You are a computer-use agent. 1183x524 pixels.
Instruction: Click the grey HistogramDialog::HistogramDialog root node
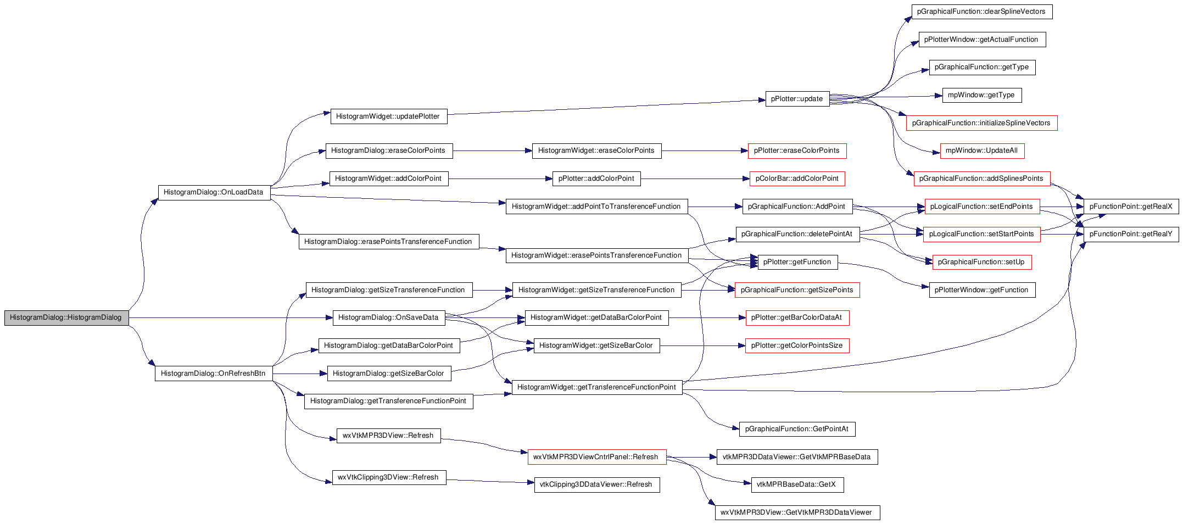coord(66,317)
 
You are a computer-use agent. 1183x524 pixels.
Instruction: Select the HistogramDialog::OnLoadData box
coord(214,192)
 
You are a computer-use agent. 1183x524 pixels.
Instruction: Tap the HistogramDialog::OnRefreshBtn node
coord(214,374)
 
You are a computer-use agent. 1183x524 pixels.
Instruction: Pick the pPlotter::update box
coord(797,99)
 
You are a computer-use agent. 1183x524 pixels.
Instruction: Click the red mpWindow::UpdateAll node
coord(982,150)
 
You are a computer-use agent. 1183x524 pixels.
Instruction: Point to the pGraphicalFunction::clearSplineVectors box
coord(981,12)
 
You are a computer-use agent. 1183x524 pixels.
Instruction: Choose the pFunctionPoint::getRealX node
coord(1131,207)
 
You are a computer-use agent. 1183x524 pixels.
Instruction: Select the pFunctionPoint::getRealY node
coord(1131,234)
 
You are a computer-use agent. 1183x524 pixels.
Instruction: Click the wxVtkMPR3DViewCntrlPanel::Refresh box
coord(596,457)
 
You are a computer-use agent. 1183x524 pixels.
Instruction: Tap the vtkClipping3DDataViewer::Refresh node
coord(596,484)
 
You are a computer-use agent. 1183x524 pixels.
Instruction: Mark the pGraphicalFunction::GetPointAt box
coord(797,429)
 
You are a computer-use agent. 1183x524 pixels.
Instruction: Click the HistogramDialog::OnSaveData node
coord(389,317)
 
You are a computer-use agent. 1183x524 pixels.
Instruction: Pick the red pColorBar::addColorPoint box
coord(797,179)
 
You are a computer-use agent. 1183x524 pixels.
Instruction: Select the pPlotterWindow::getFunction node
coord(982,290)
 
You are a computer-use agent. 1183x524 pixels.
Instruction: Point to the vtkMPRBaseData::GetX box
coord(797,484)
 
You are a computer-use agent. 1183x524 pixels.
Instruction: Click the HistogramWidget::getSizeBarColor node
coord(596,345)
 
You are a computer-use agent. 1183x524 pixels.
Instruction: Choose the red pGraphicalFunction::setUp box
coord(982,262)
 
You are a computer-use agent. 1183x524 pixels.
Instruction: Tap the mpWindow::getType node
coord(982,95)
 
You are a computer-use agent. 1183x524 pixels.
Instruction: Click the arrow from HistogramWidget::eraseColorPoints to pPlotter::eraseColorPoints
coord(705,150)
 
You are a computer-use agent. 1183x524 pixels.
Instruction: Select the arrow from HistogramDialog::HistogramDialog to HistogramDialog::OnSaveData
coord(231,317)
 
